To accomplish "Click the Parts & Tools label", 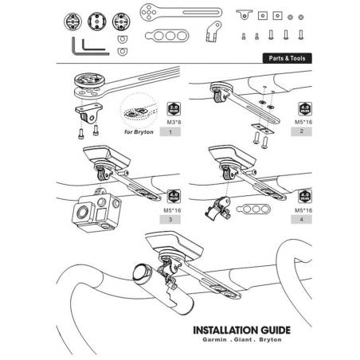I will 288,59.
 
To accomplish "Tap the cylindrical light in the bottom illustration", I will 159,292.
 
